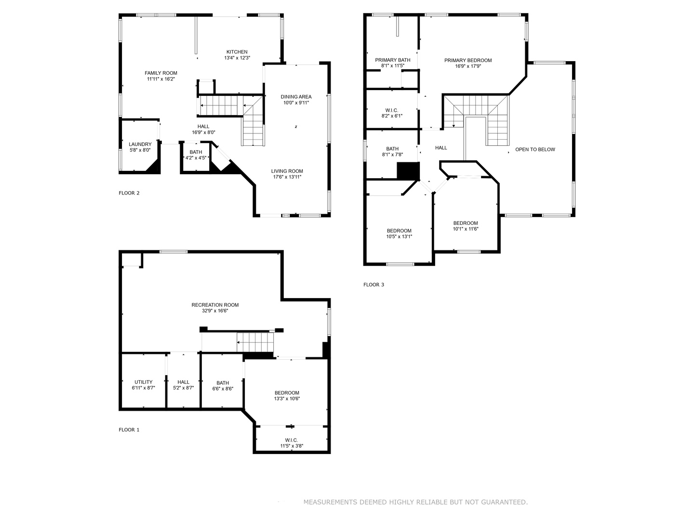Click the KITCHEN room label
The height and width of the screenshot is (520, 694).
pos(237,52)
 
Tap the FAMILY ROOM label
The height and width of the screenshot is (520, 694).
pos(161,73)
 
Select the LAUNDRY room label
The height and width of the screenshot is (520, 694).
pos(140,144)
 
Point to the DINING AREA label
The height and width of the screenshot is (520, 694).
pos(296,97)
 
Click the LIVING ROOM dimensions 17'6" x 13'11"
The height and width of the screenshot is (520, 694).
pos(287,177)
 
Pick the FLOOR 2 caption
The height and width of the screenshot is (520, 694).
pos(129,193)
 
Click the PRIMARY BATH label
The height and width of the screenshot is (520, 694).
pos(393,60)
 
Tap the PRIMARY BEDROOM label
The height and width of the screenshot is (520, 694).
pos(467,61)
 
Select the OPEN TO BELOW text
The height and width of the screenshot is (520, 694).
pos(535,149)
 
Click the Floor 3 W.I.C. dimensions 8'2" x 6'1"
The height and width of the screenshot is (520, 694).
pos(392,116)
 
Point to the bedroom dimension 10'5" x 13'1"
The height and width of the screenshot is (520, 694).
pos(399,236)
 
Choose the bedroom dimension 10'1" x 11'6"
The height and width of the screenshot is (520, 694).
pos(466,229)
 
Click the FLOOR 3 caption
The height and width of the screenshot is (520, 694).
pos(374,285)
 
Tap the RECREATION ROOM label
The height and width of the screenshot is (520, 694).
pos(215,305)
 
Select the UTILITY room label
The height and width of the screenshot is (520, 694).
pos(143,382)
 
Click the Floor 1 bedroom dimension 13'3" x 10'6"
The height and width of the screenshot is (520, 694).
pos(287,398)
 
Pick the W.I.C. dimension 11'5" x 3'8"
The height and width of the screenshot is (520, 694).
pos(292,446)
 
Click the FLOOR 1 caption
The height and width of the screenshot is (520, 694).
pos(129,429)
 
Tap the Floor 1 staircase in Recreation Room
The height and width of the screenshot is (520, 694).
pos(255,342)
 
